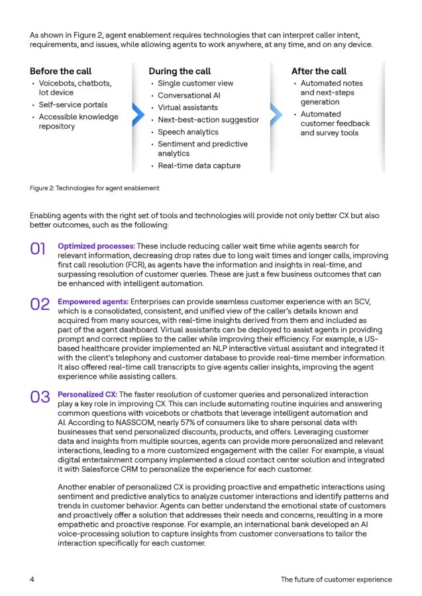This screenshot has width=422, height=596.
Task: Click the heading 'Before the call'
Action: click(61, 71)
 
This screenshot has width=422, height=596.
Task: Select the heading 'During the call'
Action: click(179, 71)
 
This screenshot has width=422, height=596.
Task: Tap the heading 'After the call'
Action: click(319, 71)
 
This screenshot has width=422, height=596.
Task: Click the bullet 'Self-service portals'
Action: click(73, 105)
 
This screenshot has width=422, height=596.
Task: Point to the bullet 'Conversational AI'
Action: click(189, 95)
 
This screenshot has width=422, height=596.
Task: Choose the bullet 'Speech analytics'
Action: click(187, 132)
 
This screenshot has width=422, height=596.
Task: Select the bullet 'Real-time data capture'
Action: click(199, 166)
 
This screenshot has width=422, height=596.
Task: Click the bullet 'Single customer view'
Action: click(195, 83)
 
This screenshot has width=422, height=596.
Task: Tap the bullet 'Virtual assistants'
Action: click(187, 107)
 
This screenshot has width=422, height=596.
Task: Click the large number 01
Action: click(38, 249)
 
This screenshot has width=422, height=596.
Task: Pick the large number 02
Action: click(40, 305)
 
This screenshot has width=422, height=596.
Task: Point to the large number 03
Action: click(40, 397)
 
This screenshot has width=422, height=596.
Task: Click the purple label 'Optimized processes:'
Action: click(96, 246)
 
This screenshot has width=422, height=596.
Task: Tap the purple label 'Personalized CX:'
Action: click(87, 394)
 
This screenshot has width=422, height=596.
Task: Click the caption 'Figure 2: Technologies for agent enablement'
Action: click(95, 188)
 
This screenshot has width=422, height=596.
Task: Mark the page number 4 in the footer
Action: click(32, 579)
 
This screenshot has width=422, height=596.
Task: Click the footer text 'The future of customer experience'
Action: click(336, 579)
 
